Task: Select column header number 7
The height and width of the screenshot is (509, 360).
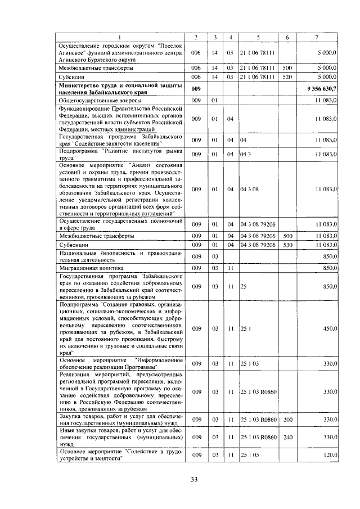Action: point(317,37)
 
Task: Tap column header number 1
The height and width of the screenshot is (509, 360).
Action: point(121,37)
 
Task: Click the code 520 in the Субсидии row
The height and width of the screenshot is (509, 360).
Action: point(287,76)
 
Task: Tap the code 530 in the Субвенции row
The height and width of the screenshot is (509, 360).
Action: point(287,245)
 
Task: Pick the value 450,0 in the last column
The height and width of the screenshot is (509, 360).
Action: point(327,328)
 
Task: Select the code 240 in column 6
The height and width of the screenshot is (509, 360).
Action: point(287,436)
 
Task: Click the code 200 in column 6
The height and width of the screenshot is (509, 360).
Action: point(287,420)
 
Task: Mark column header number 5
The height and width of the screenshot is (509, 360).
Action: point(258,37)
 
